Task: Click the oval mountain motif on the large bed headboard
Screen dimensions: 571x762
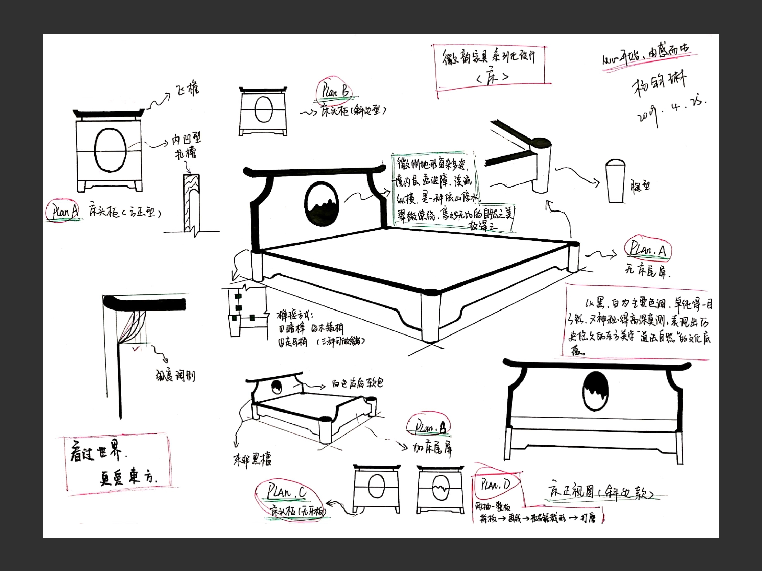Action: [x=322, y=204]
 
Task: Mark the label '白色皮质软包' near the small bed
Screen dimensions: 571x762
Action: [x=357, y=383]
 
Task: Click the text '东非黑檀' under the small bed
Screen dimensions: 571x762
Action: [x=252, y=460]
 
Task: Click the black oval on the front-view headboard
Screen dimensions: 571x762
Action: [x=595, y=391]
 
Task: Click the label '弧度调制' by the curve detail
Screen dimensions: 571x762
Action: [x=175, y=376]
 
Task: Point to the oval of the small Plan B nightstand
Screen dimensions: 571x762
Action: [x=263, y=109]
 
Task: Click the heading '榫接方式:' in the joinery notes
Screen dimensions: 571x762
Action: [x=294, y=315]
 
